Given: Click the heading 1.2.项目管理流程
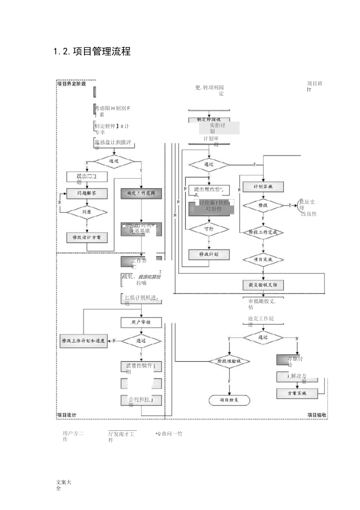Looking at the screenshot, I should [92, 52].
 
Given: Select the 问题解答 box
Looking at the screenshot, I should [87, 193].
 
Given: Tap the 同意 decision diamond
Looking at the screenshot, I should [87, 212].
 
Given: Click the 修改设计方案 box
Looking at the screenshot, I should [87, 237].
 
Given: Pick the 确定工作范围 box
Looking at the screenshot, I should [141, 193].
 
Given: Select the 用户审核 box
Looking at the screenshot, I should [141, 322].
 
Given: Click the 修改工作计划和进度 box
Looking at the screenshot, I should [83, 341].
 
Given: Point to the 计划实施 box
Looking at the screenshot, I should [263, 187].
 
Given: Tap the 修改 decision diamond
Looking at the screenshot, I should [263, 205].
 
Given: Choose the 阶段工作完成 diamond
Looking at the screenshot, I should [263, 232].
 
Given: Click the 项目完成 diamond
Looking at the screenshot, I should [263, 260].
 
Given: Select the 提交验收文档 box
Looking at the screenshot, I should [263, 285].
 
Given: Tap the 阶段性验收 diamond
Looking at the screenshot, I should [229, 361].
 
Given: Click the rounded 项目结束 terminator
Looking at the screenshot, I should [229, 400].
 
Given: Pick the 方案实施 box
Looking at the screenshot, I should [297, 393].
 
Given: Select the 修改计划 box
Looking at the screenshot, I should [209, 254].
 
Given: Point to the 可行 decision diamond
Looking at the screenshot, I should [209, 229].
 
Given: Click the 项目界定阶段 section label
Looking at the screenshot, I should [72, 84].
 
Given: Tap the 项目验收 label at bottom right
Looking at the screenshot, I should [317, 415].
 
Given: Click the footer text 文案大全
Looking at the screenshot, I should [64, 485].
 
